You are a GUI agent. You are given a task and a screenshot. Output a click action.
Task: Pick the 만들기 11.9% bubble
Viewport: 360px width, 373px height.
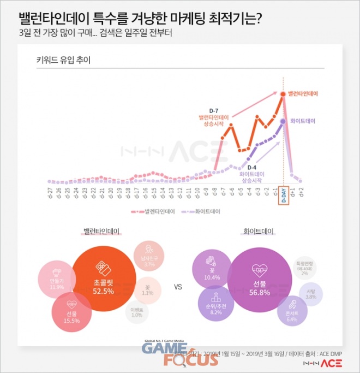57,279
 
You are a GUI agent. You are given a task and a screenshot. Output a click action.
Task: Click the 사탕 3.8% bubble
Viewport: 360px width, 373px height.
311,293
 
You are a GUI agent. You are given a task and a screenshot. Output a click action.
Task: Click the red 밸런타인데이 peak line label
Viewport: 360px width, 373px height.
303,93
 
